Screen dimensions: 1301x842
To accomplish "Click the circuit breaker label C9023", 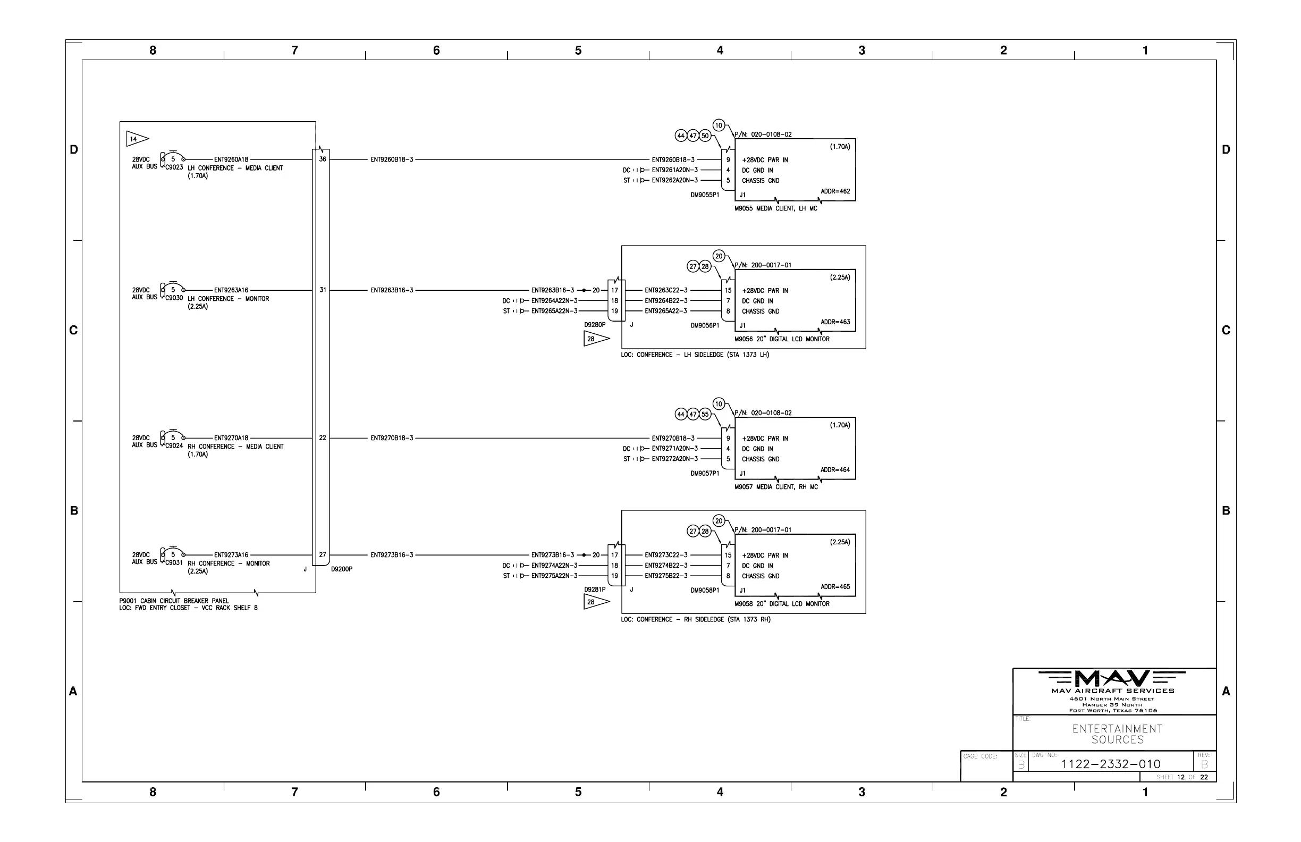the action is [x=174, y=167].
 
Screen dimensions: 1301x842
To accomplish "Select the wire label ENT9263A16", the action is [x=231, y=290].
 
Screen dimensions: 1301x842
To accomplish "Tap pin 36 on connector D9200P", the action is [x=323, y=159].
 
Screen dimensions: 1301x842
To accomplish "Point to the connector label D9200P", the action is [x=342, y=569].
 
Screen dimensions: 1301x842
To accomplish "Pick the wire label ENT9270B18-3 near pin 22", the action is [x=392, y=438].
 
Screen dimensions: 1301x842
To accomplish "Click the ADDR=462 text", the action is [x=835, y=191].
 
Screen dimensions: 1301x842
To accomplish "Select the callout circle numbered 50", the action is [x=705, y=136].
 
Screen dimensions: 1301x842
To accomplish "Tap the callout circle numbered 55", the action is [x=705, y=415].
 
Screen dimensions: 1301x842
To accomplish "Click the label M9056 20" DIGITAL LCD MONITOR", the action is [x=782, y=339].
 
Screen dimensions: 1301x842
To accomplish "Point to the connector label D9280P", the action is [x=595, y=325].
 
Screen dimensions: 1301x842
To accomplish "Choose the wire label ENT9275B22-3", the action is [x=666, y=576].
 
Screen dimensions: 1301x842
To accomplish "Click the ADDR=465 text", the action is [x=835, y=587].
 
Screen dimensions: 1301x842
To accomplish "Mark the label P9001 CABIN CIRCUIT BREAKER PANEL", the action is [x=174, y=601].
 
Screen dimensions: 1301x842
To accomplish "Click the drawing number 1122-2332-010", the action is [x=1110, y=764].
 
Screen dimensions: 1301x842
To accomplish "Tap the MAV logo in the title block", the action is [x=1112, y=678].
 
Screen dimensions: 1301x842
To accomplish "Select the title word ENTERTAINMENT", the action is [x=1117, y=729].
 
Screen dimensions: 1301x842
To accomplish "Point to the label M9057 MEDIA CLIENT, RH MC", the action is [x=776, y=486].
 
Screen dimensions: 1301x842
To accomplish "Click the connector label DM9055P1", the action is [x=705, y=195].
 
